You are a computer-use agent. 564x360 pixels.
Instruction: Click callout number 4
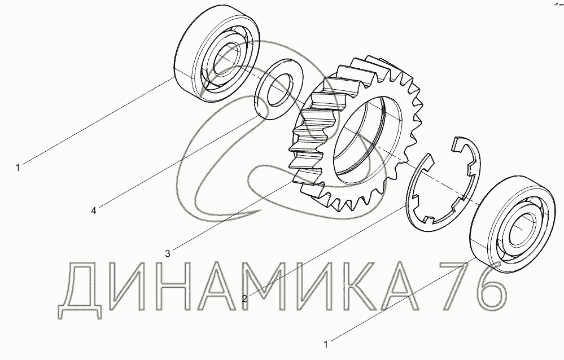pyautogui.click(x=94, y=210)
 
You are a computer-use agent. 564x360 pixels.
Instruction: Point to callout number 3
pyautogui.click(x=167, y=253)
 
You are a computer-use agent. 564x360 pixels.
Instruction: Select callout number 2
pyautogui.click(x=244, y=298)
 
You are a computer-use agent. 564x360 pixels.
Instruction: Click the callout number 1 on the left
pyautogui.click(x=18, y=168)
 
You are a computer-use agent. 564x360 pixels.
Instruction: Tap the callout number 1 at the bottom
pyautogui.click(x=326, y=345)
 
